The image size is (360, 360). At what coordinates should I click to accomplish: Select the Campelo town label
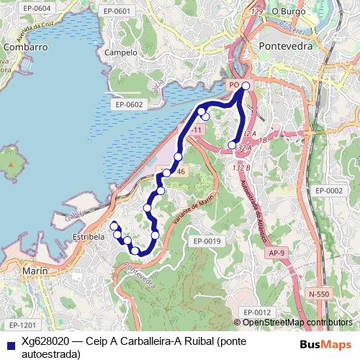pos(120,53)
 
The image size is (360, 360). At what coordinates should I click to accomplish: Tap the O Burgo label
pos(289,12)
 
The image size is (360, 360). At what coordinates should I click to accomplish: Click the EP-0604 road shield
pos(17,8)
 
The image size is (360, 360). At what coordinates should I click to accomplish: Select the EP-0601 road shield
pos(117,11)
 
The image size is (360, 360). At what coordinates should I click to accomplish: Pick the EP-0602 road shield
pos(129,104)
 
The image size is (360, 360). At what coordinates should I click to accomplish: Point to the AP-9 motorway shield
pos(276,253)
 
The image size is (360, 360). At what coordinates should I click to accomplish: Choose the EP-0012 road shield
pos(256,312)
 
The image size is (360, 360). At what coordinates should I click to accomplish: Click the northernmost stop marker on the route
pos(246,86)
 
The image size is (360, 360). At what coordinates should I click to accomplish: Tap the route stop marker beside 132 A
pos(232,145)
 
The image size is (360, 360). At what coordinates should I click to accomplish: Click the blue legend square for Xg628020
pos(9,342)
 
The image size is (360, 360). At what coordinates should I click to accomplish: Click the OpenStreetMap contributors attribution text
pos(297,322)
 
